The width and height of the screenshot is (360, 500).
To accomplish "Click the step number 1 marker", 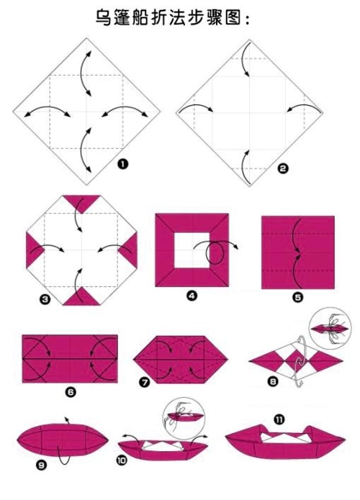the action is coord(122,164).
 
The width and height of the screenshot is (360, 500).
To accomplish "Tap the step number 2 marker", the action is coord(283,168).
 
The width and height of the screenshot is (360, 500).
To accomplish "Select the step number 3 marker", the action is coord(45,299).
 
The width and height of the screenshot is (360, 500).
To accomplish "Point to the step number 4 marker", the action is coord(192,296).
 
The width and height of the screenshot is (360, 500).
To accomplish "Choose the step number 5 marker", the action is coord(297,298).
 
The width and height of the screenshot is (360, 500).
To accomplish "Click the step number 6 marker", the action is coord(71,391).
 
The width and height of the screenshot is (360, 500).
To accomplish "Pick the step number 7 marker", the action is coord(145,381).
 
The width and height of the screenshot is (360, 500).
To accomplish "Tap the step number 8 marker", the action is coord(273,381).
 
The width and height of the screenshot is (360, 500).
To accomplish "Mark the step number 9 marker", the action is coord(41,465).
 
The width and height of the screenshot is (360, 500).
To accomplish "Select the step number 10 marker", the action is coord(122,460).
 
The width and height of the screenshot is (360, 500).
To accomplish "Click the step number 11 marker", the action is coord(279,419).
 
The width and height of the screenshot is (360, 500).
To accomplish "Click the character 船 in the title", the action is coord(139,17).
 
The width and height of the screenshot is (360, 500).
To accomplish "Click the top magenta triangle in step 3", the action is coord(81,201).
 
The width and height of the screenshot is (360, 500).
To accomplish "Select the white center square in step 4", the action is coord(192,250).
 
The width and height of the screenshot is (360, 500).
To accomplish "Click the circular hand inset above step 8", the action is coord(330,328).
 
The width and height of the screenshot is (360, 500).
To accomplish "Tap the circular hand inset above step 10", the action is coord(184,418).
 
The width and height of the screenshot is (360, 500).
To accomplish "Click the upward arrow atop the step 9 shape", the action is coord(67,420).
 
